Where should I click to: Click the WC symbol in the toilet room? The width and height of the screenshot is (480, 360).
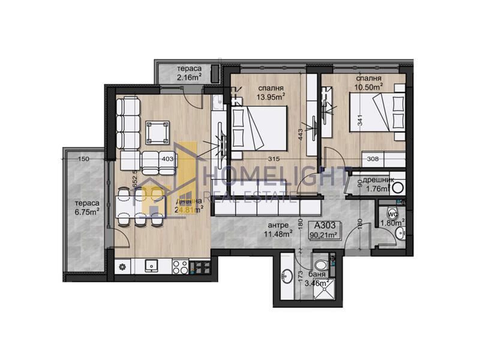393,212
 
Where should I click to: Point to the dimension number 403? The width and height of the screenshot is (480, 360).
168,158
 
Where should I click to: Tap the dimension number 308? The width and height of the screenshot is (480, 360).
374,158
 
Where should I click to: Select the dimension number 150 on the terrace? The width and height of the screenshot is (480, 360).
83,158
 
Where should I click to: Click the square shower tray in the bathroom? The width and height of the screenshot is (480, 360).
325,291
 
